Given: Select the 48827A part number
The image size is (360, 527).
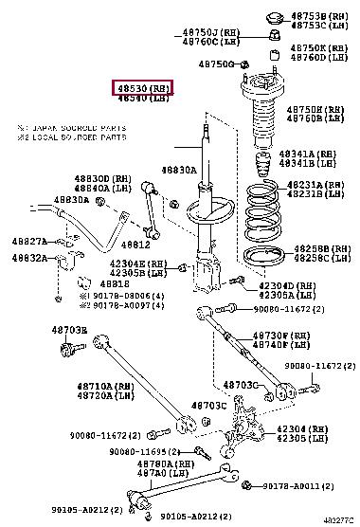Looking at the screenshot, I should point(28,242).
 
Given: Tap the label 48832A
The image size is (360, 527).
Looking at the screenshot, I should point(28,257).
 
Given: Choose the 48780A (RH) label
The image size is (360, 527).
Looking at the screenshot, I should point(162,464).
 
